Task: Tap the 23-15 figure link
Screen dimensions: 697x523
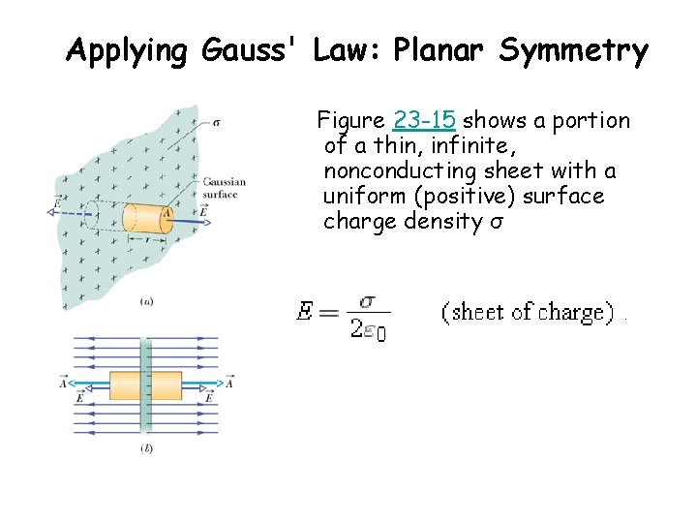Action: coord(425,121)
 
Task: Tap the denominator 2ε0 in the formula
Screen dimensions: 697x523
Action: coord(368,329)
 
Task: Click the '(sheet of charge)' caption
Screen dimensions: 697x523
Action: coord(528,312)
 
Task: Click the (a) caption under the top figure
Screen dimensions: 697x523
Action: coord(146,302)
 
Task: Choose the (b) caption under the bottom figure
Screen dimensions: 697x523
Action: coord(146,448)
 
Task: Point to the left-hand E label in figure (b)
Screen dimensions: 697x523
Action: coord(79,397)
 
